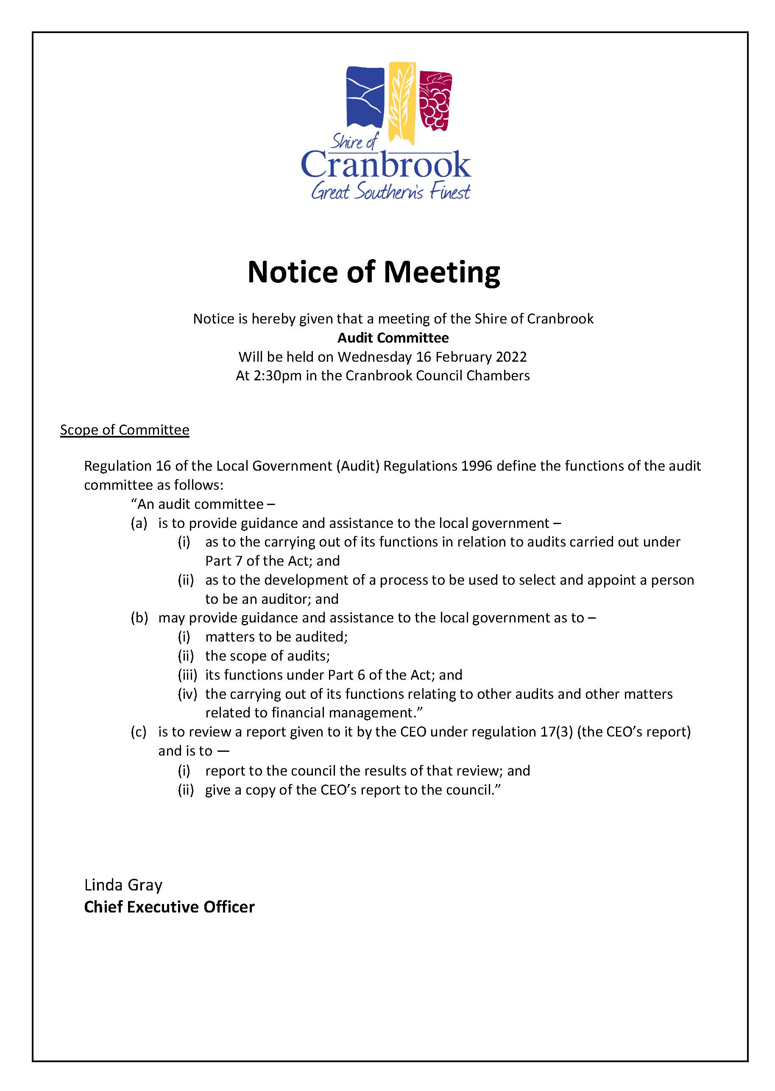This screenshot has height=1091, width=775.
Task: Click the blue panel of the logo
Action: [x=365, y=98]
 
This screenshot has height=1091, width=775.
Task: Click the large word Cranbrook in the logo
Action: [x=385, y=165]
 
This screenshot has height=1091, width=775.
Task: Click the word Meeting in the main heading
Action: [x=441, y=273]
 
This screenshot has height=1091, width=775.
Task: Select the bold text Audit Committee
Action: [x=393, y=338]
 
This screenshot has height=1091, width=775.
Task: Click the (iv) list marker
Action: [x=187, y=694]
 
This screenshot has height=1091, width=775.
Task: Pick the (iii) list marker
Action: [x=187, y=675]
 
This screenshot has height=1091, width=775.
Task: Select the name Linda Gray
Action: [x=123, y=885]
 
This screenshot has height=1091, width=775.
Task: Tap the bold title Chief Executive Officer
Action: [x=170, y=907]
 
